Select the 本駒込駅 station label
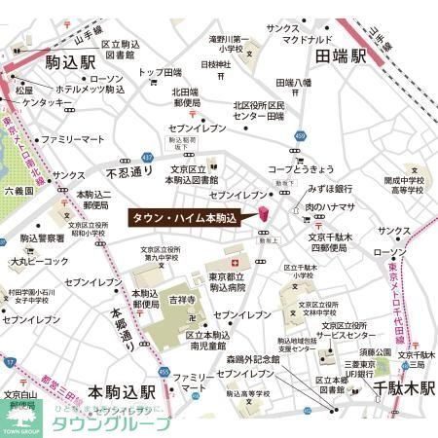[x=121, y=391]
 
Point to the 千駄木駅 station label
[x=383, y=390]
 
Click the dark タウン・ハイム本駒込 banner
[x=185, y=218]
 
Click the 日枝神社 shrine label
[x=212, y=64]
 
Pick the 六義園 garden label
[x=18, y=192]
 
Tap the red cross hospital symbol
[x=233, y=264]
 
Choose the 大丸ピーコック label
[x=40, y=261]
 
